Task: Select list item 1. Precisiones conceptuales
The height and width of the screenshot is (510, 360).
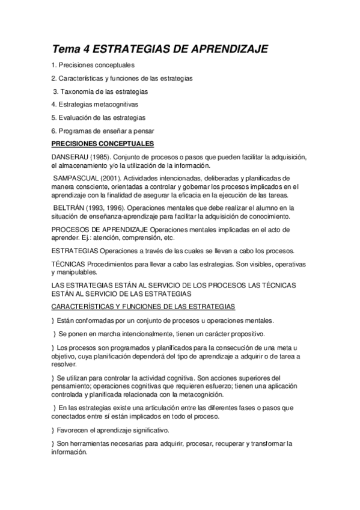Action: click(93, 64)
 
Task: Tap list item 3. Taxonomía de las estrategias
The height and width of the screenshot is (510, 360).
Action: click(100, 91)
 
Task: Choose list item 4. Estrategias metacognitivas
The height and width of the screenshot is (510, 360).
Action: click(95, 104)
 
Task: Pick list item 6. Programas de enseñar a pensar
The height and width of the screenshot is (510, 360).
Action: click(102, 131)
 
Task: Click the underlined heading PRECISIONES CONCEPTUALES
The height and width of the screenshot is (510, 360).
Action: click(103, 144)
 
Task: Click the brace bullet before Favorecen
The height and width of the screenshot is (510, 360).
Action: click(53, 430)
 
